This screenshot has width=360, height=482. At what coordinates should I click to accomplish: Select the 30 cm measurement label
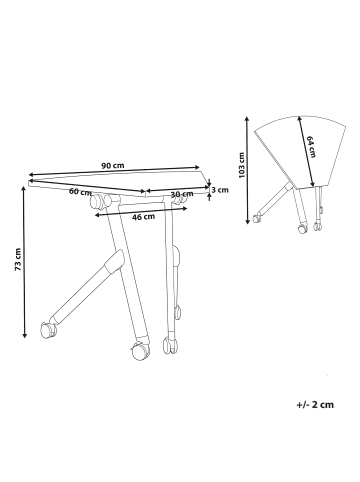(x=181, y=194)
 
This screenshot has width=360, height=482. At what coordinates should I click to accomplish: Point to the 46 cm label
(x=142, y=216)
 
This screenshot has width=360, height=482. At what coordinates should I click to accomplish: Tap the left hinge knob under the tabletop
(x=100, y=205)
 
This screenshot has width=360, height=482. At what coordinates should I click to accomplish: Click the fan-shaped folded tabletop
(x=290, y=150)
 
